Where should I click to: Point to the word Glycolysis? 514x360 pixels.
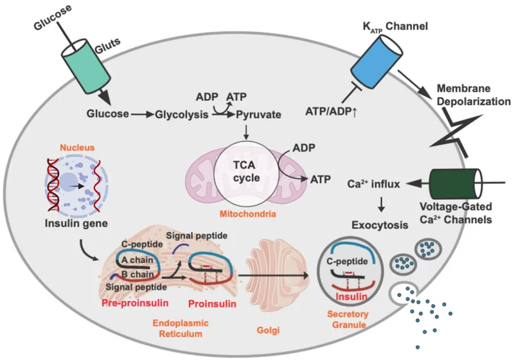[x=181, y=114]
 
